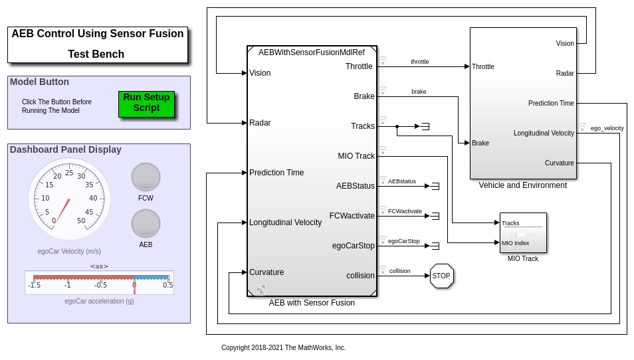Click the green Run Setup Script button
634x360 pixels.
tap(146, 104)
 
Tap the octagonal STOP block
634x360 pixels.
tap(441, 276)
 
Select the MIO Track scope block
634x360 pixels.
tap(523, 232)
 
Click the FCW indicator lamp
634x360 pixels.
tap(146, 177)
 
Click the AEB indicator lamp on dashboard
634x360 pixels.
tap(146, 223)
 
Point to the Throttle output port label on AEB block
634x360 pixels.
tap(359, 66)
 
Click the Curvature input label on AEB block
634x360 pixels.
tap(266, 272)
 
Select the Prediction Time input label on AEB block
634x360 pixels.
tap(276, 173)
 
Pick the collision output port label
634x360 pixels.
tap(361, 276)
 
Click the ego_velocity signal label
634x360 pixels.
tap(607, 128)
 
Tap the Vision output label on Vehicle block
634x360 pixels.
tap(565, 44)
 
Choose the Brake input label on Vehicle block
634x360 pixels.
tap(480, 143)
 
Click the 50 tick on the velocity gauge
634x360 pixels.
tap(81, 221)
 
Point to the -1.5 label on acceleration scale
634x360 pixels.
tap(34, 286)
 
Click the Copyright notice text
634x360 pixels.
tap(283, 347)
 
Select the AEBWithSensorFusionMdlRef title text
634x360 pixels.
tap(312, 52)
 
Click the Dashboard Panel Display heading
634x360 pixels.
tap(66, 149)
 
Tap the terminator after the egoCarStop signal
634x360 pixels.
tap(435, 246)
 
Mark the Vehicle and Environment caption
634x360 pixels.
tap(523, 185)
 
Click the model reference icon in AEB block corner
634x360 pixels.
tap(260, 290)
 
